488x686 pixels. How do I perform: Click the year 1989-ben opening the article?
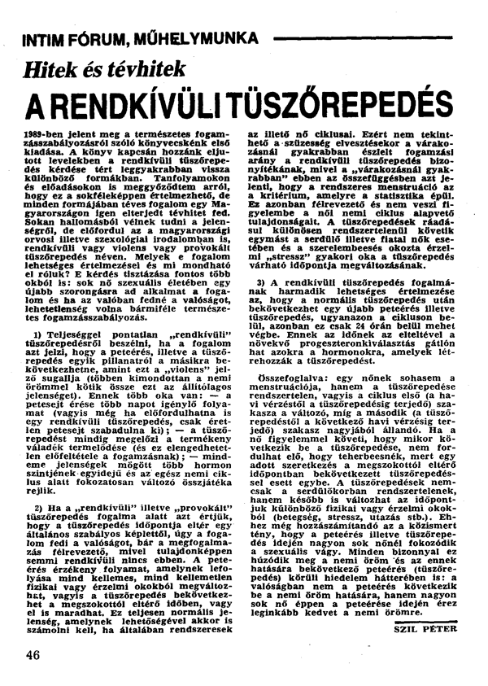[48, 132]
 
